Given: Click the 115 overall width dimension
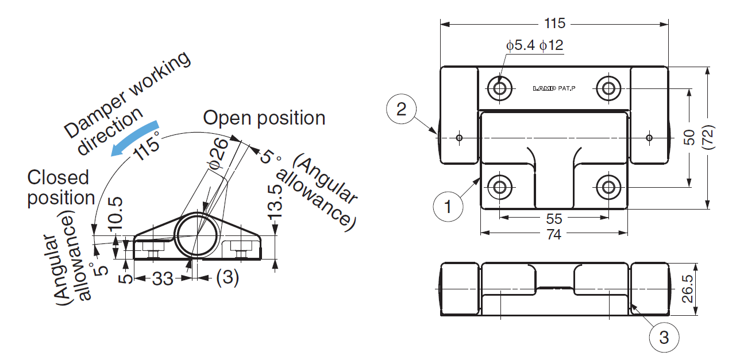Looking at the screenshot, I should click(x=554, y=24).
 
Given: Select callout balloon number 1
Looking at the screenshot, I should click(x=449, y=205).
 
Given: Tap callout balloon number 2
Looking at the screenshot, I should click(x=402, y=109).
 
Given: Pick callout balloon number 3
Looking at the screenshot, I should click(x=664, y=338).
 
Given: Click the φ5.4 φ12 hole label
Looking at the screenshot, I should click(x=534, y=45).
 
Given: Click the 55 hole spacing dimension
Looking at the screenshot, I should click(x=554, y=219).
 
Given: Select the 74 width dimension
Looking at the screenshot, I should click(x=554, y=234).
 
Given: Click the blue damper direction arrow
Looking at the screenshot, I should click(x=136, y=137).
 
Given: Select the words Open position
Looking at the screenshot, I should click(x=264, y=118).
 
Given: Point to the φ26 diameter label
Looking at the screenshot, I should click(x=219, y=153).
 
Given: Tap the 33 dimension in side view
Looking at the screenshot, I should click(x=163, y=279).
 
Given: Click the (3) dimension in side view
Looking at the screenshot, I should click(x=227, y=278).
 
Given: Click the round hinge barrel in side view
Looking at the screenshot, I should click(x=196, y=235).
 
